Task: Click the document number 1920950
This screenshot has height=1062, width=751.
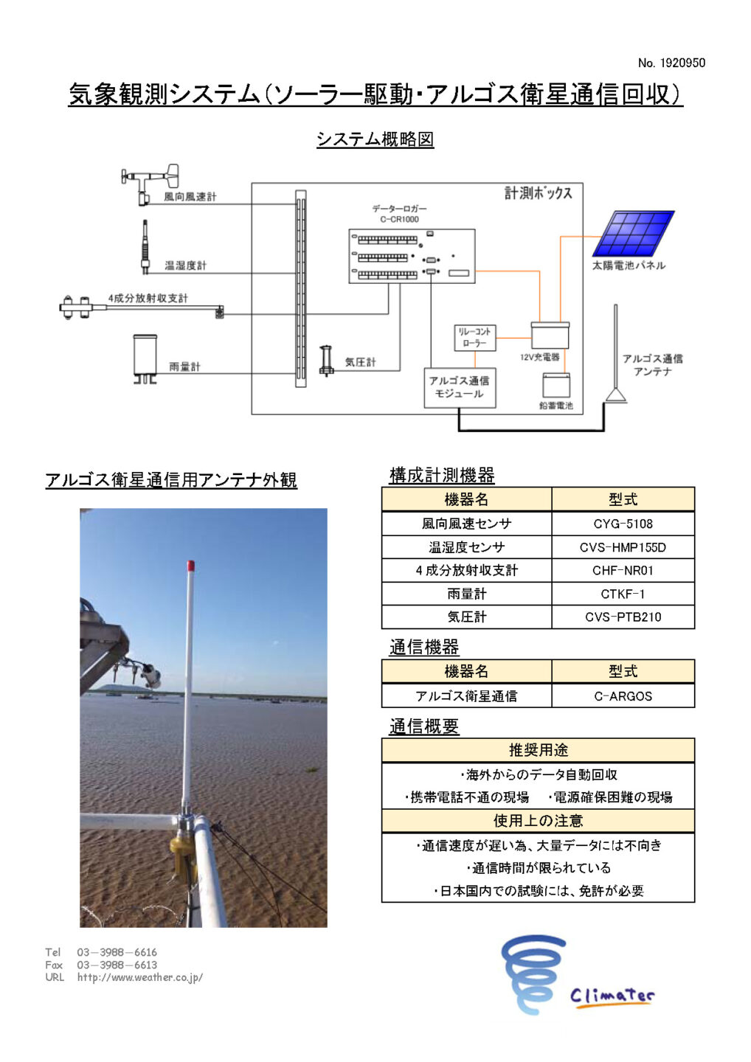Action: point(671,63)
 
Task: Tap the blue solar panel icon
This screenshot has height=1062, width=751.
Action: point(634,233)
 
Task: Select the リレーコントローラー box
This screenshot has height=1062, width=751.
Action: point(475,338)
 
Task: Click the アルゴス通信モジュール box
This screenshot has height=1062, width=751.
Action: point(460,387)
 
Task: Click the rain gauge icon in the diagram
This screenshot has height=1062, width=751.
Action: point(145,359)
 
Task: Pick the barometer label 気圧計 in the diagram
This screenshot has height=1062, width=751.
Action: point(360,362)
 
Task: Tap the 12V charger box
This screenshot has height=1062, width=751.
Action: point(550,336)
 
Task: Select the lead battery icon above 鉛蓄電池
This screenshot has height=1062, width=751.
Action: point(556,386)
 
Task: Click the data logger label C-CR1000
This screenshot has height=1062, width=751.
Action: point(399,219)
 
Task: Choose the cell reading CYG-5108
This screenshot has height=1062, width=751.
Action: point(623,524)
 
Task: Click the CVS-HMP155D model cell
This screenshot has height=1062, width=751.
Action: point(623,547)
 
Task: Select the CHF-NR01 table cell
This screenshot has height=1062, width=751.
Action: point(623,570)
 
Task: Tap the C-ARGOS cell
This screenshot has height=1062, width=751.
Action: point(623,696)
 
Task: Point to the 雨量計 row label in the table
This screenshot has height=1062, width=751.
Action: point(466,594)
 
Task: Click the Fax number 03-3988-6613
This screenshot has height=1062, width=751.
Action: point(117,965)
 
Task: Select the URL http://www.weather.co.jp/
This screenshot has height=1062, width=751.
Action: point(140,978)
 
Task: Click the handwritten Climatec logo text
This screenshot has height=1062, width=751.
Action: point(612,996)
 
